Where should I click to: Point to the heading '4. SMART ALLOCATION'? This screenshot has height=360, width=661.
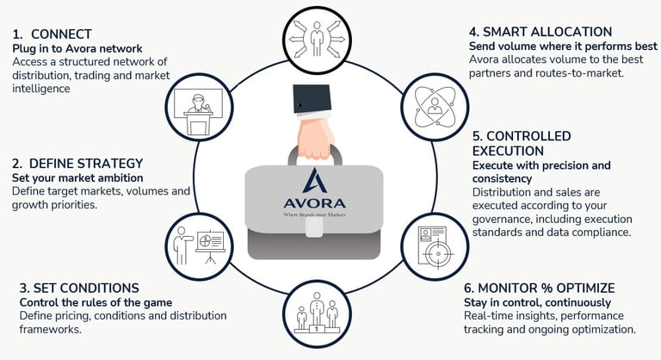point(540,32)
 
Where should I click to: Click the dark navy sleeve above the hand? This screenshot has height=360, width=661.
point(315,96)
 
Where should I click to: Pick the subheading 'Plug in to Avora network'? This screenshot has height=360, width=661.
point(77,48)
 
